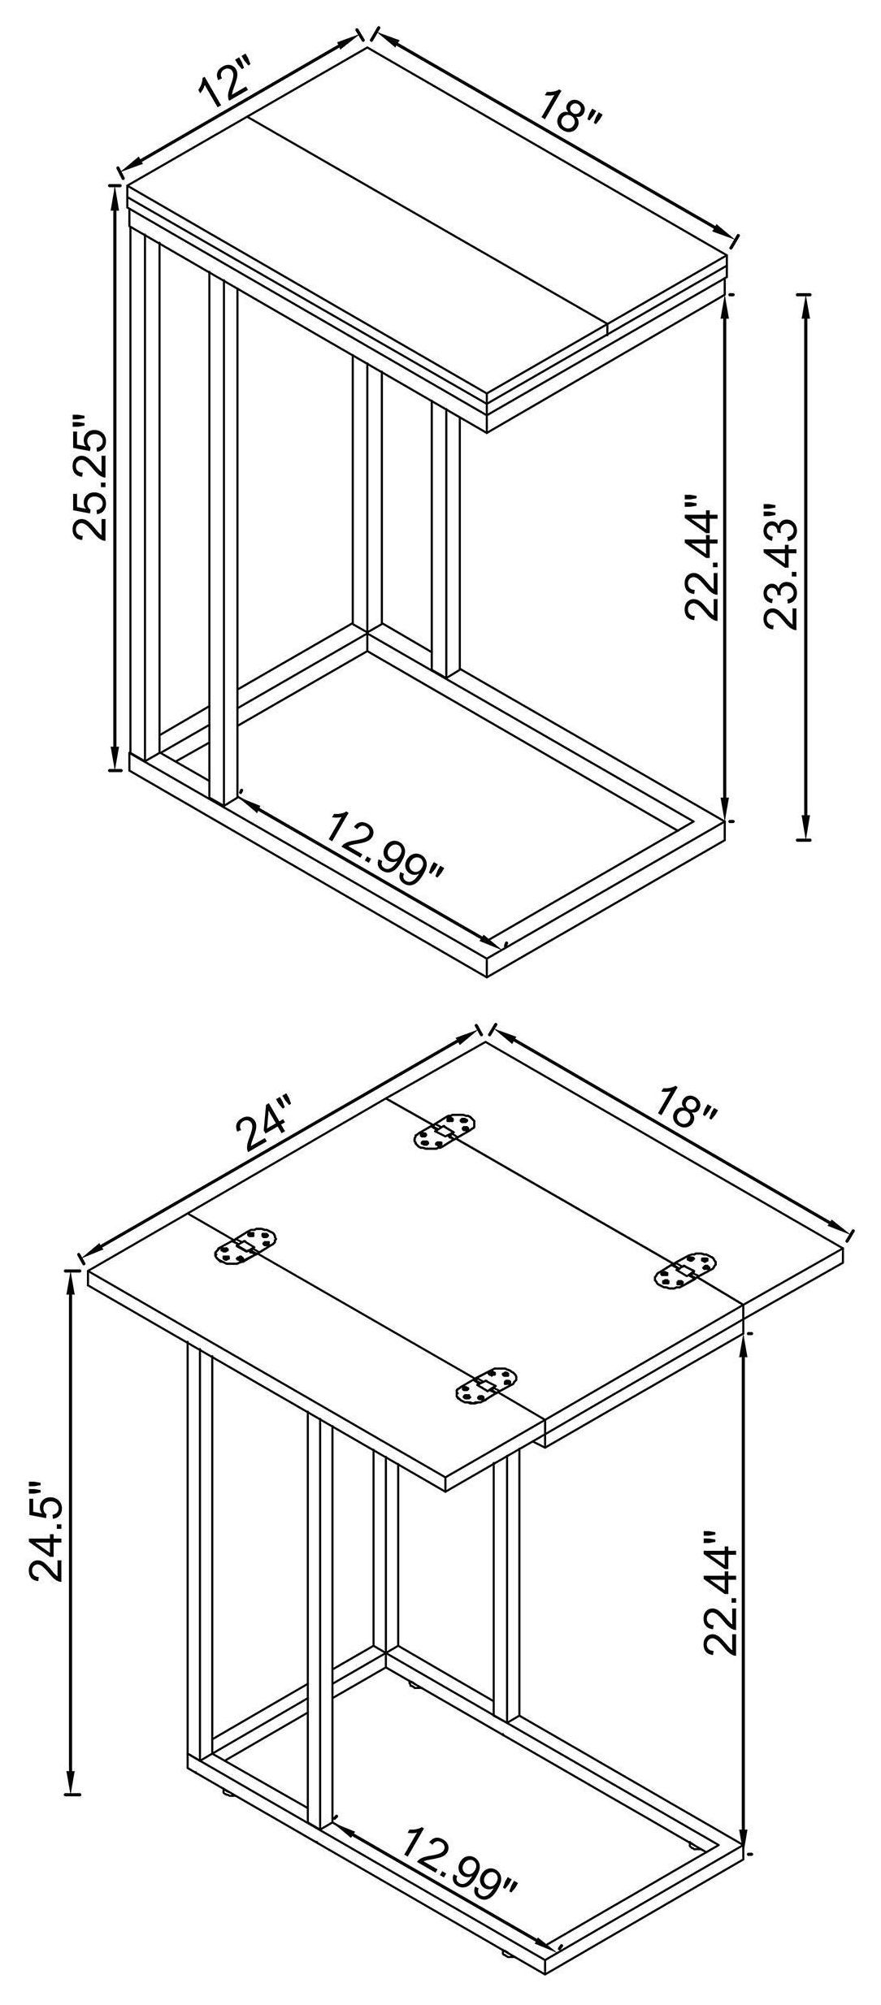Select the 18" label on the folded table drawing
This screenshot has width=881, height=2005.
[x=571, y=112]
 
